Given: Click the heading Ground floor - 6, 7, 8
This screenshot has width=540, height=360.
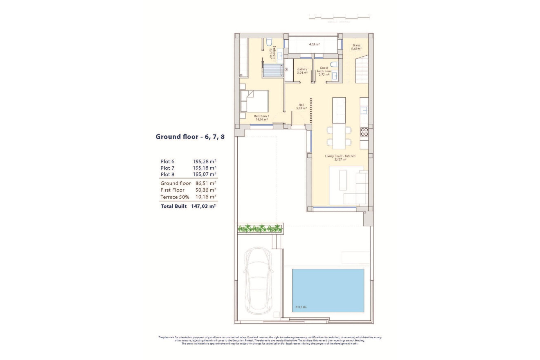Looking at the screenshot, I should pyautogui.click(x=190, y=137).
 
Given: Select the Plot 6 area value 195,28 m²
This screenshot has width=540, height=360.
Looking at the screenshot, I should pyautogui.click(x=204, y=161).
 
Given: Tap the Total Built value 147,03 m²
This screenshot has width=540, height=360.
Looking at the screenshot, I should pyautogui.click(x=203, y=206).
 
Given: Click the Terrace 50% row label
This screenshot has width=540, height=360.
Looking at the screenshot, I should pyautogui.click(x=175, y=197).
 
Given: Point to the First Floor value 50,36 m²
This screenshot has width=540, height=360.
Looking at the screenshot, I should pyautogui.click(x=206, y=190).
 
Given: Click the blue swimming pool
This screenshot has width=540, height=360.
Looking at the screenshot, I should pyautogui.click(x=328, y=290).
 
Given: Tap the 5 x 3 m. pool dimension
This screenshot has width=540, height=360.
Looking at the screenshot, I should pyautogui.click(x=301, y=307).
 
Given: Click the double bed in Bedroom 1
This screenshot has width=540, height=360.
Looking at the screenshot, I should pyautogui.click(x=254, y=101).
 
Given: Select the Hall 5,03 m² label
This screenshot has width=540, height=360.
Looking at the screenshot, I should pyautogui.click(x=301, y=107).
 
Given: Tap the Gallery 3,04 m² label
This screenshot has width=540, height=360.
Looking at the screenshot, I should pyautogui.click(x=302, y=71).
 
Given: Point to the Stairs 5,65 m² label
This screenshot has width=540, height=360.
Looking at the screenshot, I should pyautogui.click(x=356, y=47).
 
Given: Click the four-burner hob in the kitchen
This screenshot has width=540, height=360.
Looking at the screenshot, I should pyautogui.click(x=364, y=132).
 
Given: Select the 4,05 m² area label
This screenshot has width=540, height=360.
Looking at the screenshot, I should pyautogui.click(x=314, y=44).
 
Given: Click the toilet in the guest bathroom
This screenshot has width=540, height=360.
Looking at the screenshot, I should pyautogui.click(x=334, y=64).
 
